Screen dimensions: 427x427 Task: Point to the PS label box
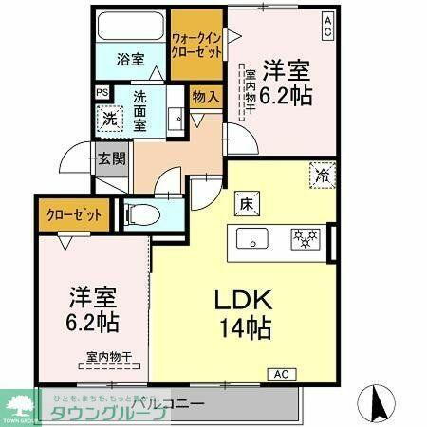(102, 93)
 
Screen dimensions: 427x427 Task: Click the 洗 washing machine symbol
(108, 119)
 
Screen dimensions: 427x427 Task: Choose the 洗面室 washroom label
(138, 110)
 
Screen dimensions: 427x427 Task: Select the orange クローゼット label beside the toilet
(74, 214)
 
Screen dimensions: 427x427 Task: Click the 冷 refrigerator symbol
(321, 175)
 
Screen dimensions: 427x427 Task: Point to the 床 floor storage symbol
(244, 201)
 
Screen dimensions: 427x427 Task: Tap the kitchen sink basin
(253, 237)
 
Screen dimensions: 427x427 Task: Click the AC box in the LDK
(283, 376)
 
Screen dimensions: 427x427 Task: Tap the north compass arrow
(378, 404)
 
